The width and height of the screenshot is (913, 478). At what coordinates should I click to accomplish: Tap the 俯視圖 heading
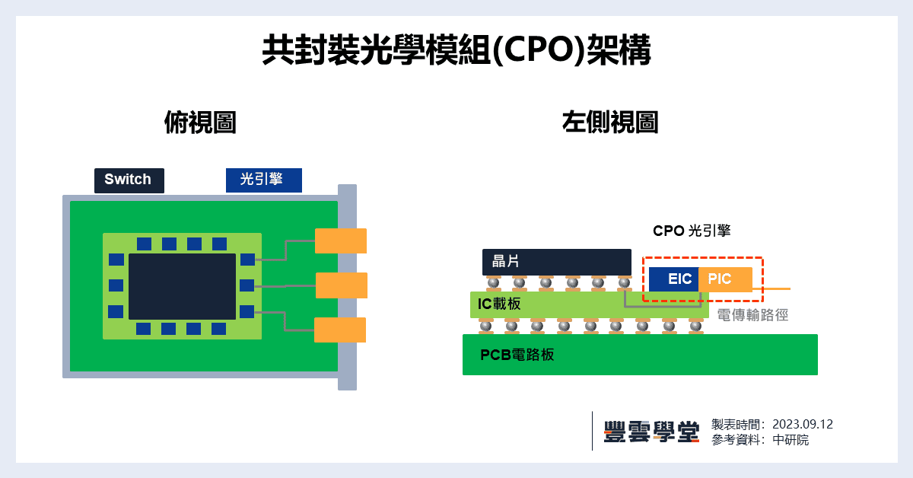pyautogui.click(x=199, y=123)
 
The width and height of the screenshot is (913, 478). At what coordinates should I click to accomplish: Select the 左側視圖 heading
pyautogui.click(x=609, y=123)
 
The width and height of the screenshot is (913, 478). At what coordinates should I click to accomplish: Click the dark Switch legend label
pyautogui.click(x=129, y=180)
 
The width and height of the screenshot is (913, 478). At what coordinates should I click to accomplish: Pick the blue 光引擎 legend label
pyautogui.click(x=263, y=180)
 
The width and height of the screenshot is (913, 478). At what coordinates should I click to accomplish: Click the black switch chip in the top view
pyautogui.click(x=182, y=286)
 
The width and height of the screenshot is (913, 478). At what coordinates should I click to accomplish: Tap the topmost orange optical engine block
pyautogui.click(x=340, y=241)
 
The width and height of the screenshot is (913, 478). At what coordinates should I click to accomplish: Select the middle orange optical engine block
pyautogui.click(x=341, y=285)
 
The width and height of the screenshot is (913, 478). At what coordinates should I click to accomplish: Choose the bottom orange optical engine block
pyautogui.click(x=339, y=330)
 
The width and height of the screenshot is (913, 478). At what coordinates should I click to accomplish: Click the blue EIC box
pyautogui.click(x=674, y=279)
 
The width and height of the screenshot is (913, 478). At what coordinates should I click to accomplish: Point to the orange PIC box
pyautogui.click(x=724, y=279)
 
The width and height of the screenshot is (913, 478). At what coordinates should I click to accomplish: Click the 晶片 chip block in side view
pyautogui.click(x=556, y=262)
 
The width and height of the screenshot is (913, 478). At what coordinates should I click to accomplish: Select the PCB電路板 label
pyautogui.click(x=517, y=355)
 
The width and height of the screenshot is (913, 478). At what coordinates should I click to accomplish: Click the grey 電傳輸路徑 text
pyautogui.click(x=752, y=314)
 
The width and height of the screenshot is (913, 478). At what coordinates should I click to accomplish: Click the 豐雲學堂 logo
pyautogui.click(x=651, y=432)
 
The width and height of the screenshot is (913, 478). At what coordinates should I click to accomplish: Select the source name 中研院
pyautogui.click(x=791, y=440)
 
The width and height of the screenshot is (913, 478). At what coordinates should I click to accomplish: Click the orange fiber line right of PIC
pyautogui.click(x=771, y=289)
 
